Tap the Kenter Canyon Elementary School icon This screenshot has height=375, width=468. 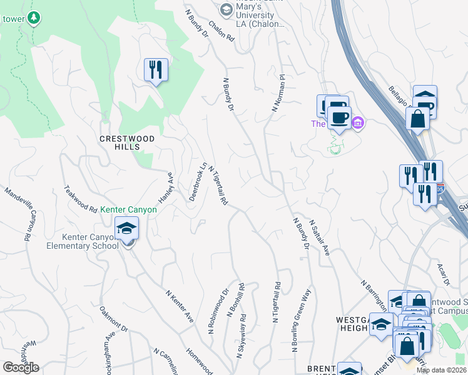click(126, 230)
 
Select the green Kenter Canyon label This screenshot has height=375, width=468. click(129, 210)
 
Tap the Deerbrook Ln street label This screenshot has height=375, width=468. click(198, 182)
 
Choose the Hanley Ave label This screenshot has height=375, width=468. click(165, 187)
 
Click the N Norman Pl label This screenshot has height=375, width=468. click(278, 94)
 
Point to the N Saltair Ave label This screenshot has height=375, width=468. click(319, 239)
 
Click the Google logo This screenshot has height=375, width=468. click(21, 367)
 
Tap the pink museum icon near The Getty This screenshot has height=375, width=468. click(357, 122)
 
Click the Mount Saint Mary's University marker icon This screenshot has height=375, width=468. click(225, 9)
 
